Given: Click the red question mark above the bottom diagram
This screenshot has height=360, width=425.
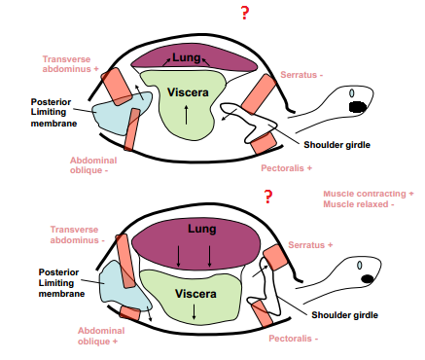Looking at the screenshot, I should pos(267,197).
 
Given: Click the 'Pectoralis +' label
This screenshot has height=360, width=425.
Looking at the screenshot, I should pos(287,167).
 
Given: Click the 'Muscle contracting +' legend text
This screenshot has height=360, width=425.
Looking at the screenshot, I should pos(369,194).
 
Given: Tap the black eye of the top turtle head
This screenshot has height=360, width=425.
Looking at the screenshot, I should pos(358,105).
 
